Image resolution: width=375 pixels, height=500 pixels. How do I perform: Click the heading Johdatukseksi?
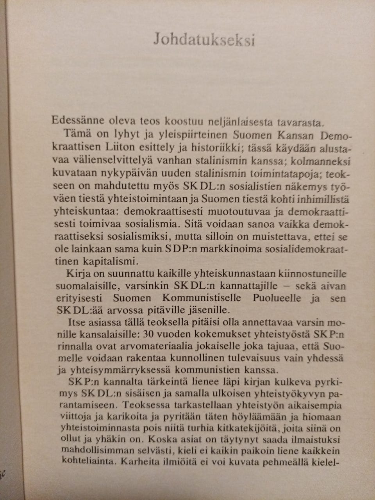point(204,40)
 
